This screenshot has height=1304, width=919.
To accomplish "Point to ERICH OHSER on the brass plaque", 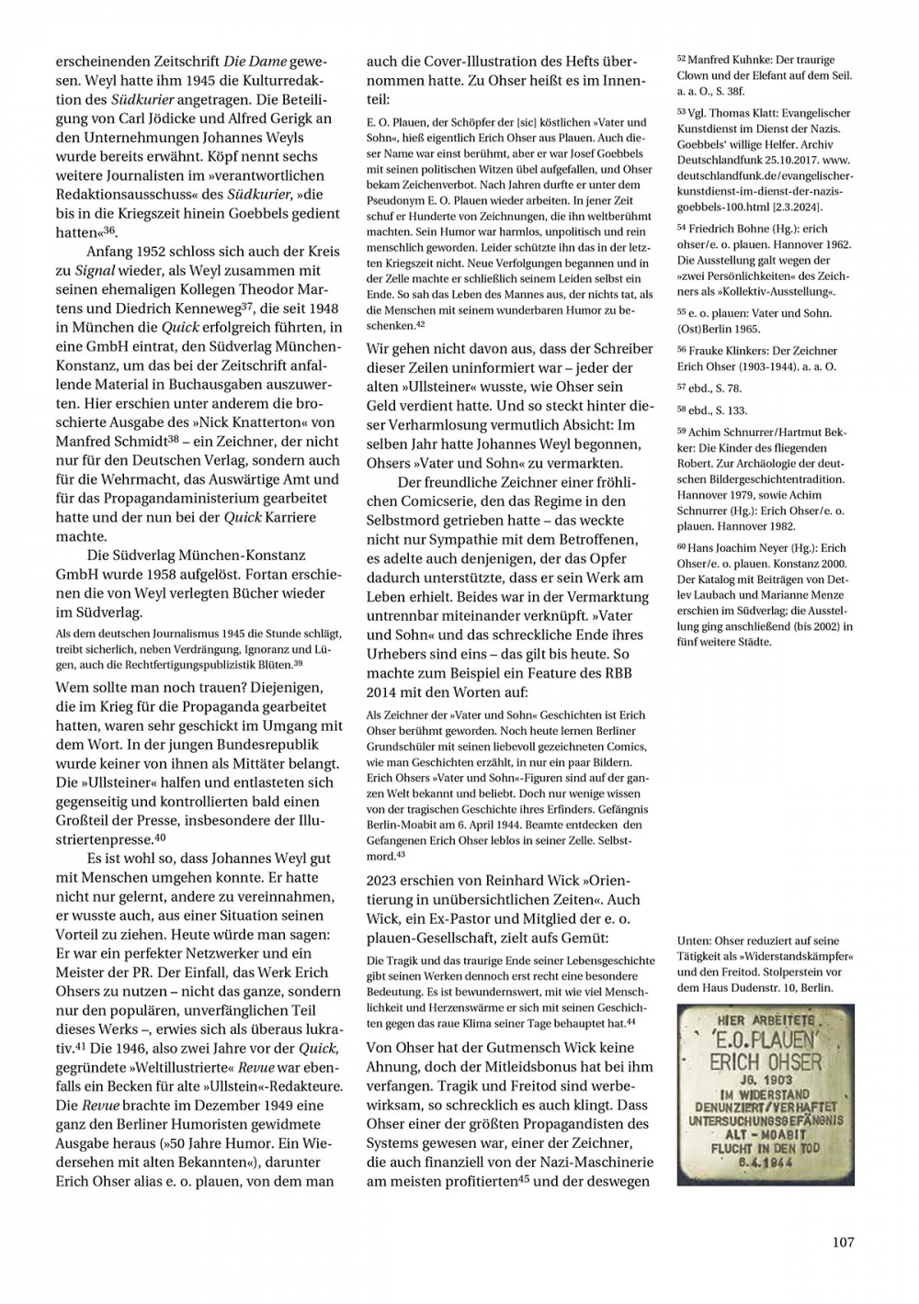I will tap(766, 1062).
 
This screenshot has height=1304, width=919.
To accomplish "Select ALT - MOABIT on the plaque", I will tap(766, 1134).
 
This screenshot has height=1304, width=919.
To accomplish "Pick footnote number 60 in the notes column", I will tap(681, 547).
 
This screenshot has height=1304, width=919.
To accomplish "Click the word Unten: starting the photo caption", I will tap(696, 940).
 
